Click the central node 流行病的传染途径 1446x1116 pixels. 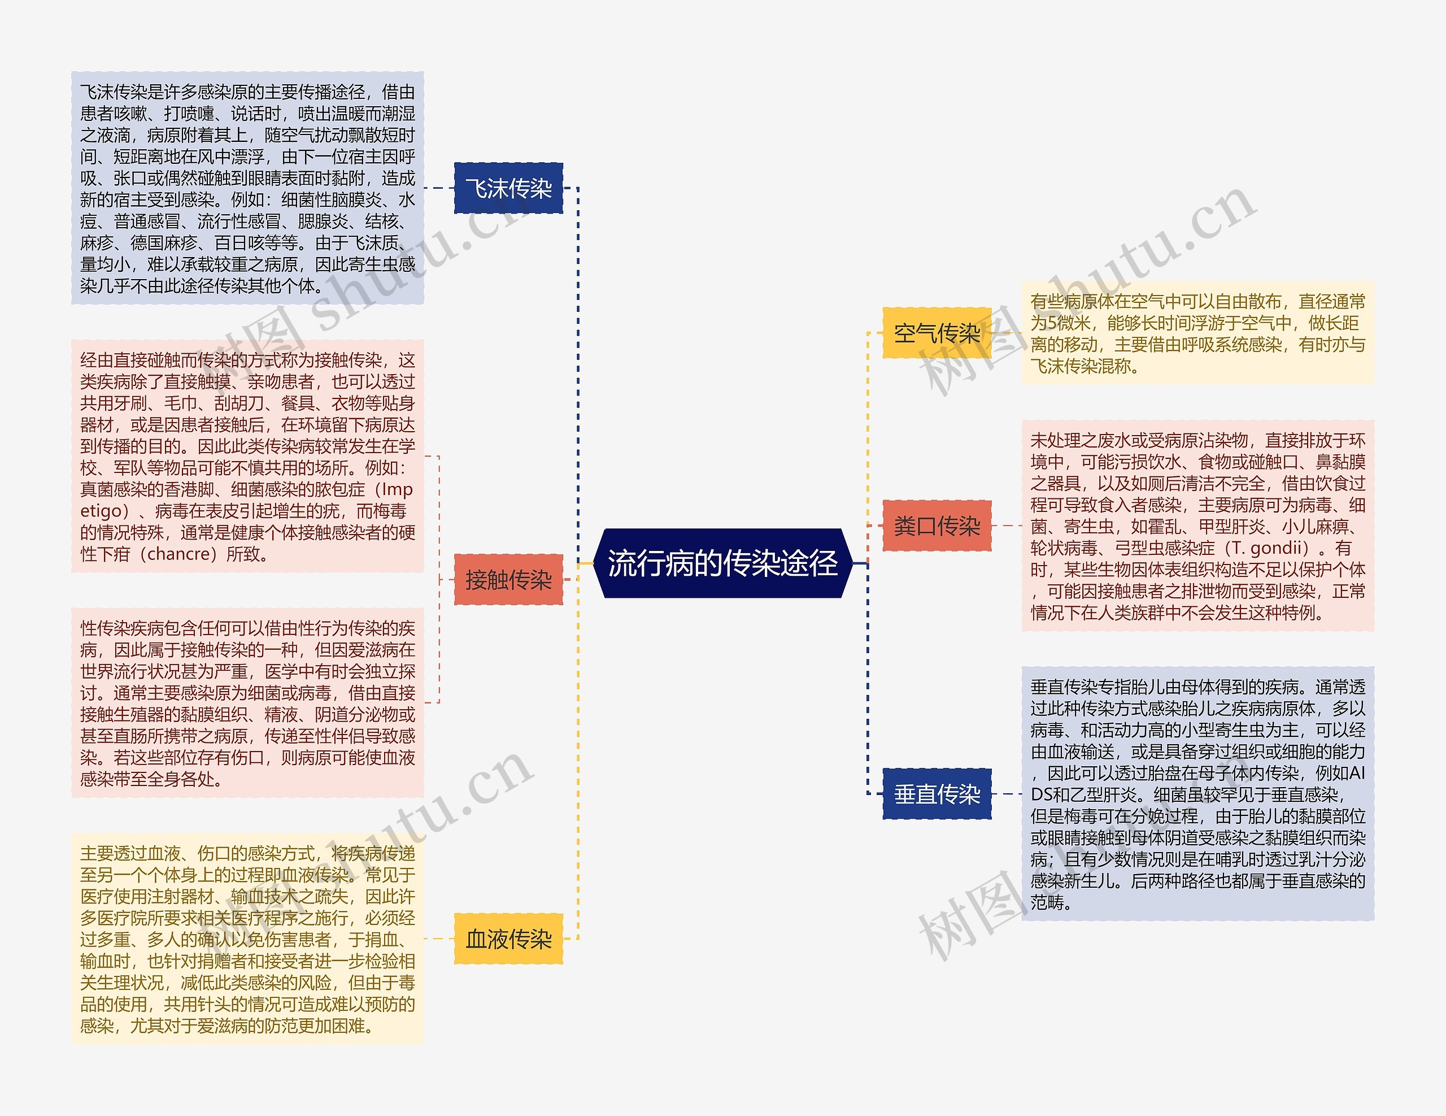pos(722,563)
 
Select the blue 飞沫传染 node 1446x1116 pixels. pos(508,188)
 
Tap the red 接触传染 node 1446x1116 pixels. pos(508,580)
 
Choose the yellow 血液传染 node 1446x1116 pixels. pos(508,939)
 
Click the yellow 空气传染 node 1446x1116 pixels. pos(937,333)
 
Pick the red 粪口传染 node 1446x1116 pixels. pos(937,526)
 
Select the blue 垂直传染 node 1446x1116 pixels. pos(937,793)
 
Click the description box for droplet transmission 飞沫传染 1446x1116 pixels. pos(247,188)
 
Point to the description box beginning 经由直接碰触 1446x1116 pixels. pos(247,457)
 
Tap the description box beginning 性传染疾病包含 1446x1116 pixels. pos(247,703)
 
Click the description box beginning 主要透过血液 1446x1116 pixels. pos(247,939)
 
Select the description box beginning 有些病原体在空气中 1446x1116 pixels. pos(1197,333)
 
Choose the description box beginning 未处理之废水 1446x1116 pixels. pos(1197,526)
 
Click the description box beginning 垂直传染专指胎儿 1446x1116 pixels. pos(1197,793)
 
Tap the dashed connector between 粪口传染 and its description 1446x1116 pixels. pos(1007,526)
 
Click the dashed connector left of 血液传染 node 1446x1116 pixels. pos(438,939)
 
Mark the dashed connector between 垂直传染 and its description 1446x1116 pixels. pos(1007,793)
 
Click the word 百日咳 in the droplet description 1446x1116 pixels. pos(238,243)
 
